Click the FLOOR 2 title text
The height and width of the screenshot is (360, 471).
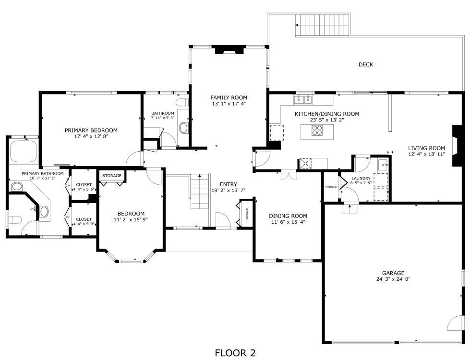point(235,353)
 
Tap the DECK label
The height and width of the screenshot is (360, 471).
point(365,64)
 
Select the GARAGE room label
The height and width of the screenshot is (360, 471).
point(393,273)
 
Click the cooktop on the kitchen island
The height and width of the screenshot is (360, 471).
point(317,131)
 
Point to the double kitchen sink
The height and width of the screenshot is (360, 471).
point(303,100)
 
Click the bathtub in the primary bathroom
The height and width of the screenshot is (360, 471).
point(24,151)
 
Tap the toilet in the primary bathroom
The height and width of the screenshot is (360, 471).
point(14,220)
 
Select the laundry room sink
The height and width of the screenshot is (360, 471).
point(383,165)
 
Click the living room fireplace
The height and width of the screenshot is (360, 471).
point(457,145)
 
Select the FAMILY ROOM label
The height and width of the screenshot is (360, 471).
point(229,97)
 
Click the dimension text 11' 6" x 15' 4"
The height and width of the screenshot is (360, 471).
point(288,222)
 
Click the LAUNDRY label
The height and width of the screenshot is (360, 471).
point(361,179)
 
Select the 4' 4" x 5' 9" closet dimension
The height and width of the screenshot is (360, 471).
point(84,224)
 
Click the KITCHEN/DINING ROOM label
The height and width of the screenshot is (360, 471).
point(327,114)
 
